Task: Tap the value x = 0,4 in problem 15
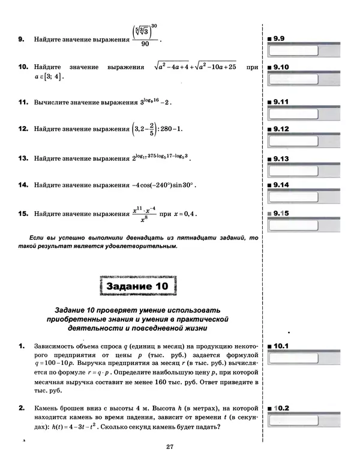pyautogui.click(x=184, y=214)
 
